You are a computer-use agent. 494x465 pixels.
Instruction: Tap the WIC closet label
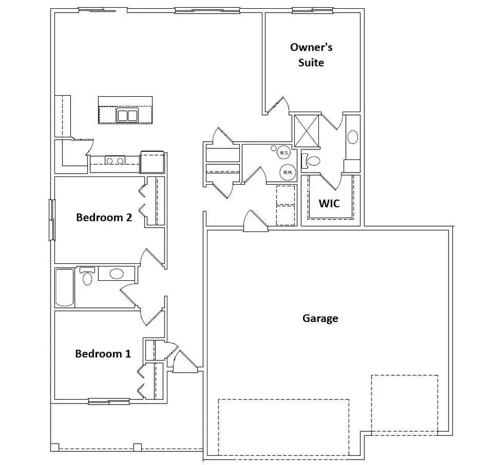click(x=329, y=203)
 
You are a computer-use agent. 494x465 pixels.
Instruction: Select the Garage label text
click(x=320, y=318)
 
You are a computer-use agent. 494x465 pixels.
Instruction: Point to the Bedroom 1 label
click(x=103, y=353)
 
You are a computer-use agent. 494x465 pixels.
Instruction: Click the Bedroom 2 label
click(x=104, y=217)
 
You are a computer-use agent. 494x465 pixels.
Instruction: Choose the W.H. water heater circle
click(x=288, y=172)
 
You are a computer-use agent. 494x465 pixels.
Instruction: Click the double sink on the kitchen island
click(x=128, y=115)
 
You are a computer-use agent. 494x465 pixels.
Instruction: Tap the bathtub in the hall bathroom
click(x=64, y=287)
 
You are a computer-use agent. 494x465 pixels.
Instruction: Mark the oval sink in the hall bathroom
click(x=116, y=273)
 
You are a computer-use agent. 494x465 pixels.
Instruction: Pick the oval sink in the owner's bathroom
click(x=353, y=137)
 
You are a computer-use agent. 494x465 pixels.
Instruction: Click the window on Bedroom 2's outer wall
click(x=53, y=219)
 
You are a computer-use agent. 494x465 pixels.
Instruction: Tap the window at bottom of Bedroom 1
click(x=109, y=401)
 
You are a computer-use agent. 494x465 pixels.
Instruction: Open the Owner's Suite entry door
click(x=279, y=106)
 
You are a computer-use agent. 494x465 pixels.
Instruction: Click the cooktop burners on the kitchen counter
click(x=114, y=161)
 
